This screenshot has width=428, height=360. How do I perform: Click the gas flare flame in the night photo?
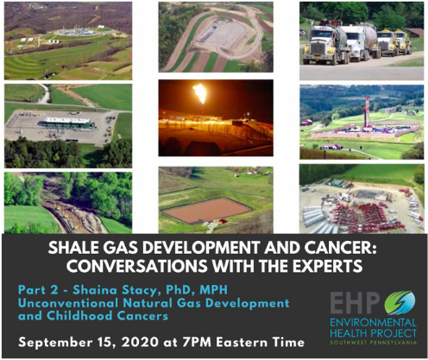[x=200, y=93]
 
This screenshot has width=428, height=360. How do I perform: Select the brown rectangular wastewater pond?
[x=206, y=210]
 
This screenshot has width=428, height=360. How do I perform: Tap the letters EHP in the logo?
[x=355, y=302]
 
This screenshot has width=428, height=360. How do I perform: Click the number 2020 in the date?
[x=140, y=343]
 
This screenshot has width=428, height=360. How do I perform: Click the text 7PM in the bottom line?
[x=198, y=343]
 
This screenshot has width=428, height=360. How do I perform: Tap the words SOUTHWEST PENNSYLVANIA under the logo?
[x=373, y=343]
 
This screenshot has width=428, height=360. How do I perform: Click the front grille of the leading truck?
[x=318, y=48]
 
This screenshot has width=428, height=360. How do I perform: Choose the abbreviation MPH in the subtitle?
[x=213, y=290]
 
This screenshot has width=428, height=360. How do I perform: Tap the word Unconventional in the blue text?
[x=68, y=303]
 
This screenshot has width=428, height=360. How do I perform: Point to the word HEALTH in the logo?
[x=349, y=333]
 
